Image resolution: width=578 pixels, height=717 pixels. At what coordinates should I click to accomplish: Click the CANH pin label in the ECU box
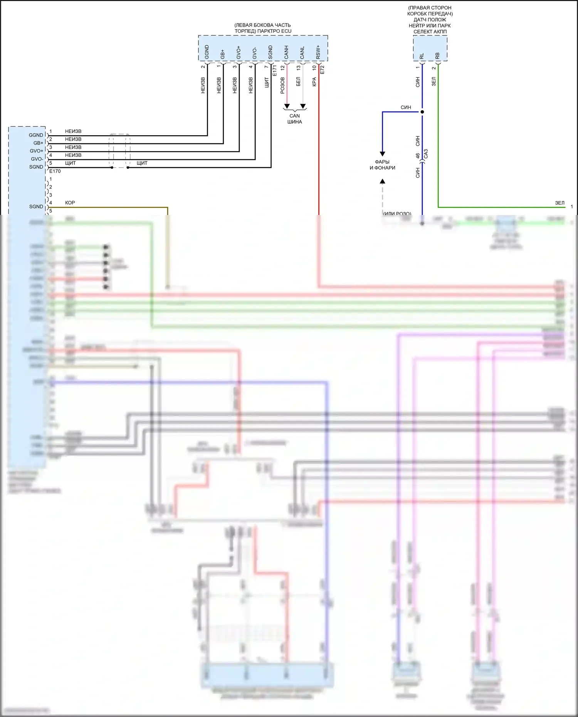pos(286,52)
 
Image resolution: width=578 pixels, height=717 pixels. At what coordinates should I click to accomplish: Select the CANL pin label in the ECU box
pos(302,53)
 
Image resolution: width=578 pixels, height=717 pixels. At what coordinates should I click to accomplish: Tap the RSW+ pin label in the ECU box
pos(318,52)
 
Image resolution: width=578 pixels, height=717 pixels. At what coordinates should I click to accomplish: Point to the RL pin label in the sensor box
pos(422,56)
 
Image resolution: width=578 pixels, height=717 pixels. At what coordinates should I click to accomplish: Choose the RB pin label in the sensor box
pos(437,56)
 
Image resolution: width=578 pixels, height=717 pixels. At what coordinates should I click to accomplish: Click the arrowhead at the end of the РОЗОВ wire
pos(287,106)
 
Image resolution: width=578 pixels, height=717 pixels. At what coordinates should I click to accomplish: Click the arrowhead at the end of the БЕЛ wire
pos(303,106)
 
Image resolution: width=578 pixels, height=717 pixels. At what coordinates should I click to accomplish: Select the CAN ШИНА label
pos(295,119)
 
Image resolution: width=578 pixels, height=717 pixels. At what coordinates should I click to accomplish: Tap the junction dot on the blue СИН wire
pos(422,112)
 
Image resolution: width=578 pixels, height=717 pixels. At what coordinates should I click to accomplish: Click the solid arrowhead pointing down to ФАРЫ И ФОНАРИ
pos(382,154)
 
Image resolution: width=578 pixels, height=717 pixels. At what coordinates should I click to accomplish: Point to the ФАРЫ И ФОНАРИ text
pos(382,165)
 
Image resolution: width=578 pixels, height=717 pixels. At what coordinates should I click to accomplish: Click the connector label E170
pos(55,171)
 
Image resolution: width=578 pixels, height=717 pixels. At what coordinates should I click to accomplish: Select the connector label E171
pos(275,70)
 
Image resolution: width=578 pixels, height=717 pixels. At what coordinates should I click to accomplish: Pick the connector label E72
pos(323,70)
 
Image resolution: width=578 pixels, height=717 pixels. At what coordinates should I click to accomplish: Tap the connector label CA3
pos(426,154)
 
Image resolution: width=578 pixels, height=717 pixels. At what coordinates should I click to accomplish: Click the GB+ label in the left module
pos(38,143)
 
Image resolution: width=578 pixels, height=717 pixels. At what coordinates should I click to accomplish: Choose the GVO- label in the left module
pos(37,159)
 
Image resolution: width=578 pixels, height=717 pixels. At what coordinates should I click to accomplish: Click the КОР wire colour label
pos(70,203)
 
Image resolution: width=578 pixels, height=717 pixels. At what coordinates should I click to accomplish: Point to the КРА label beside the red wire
pos(314,82)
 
